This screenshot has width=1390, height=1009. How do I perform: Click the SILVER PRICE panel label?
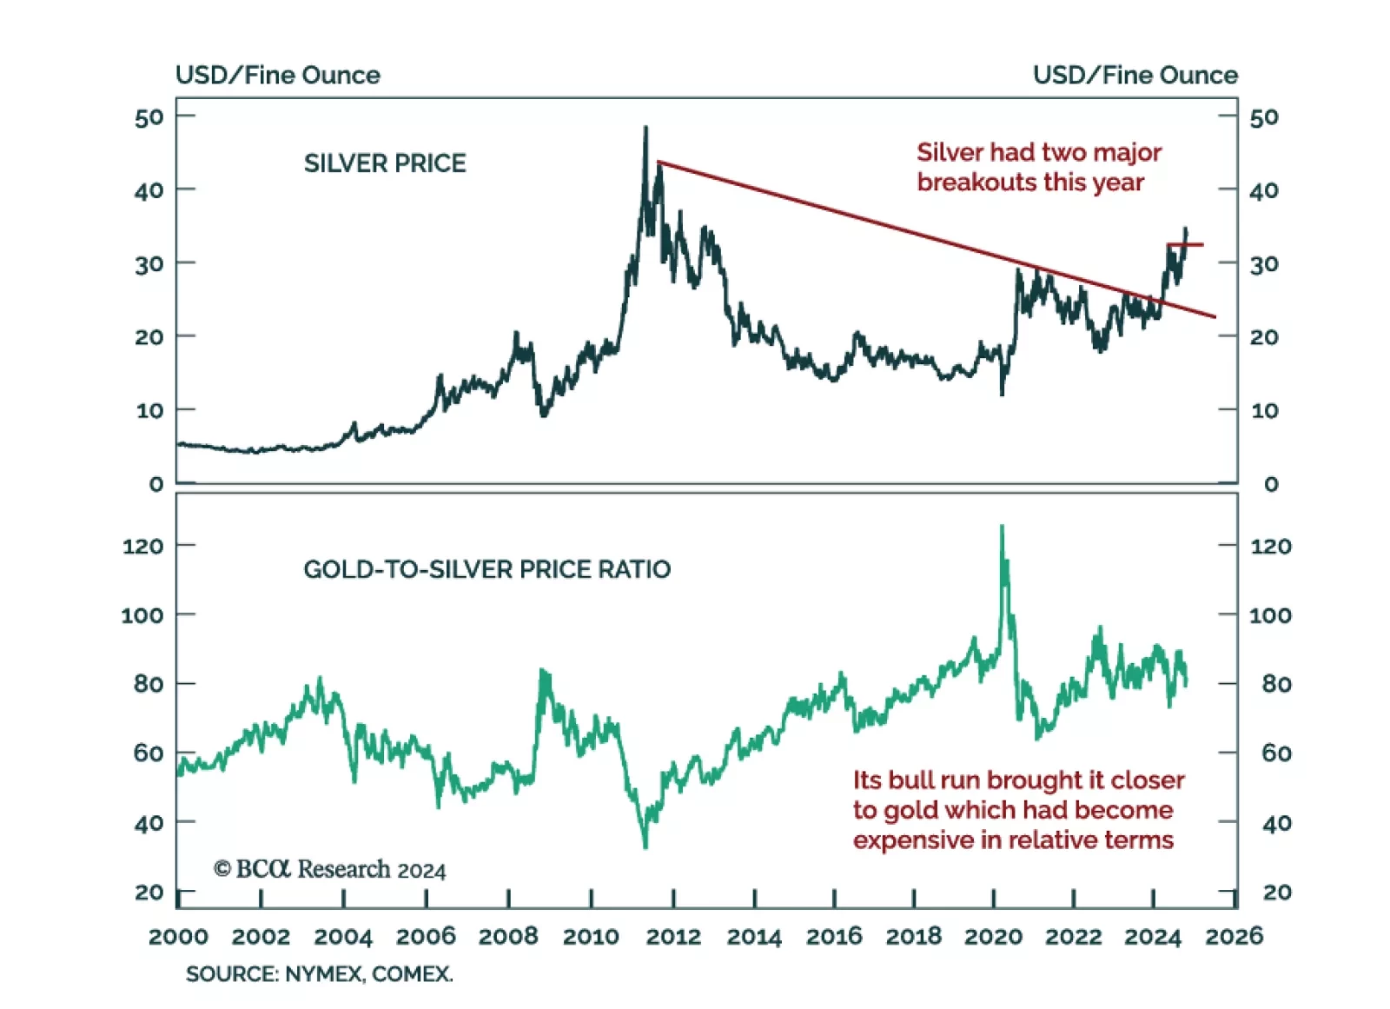tap(384, 163)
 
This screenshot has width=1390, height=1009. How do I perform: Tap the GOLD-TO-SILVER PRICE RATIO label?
tap(486, 569)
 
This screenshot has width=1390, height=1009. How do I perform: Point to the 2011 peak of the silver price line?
tap(645, 129)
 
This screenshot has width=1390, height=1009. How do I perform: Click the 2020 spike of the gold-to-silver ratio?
tap(1002, 527)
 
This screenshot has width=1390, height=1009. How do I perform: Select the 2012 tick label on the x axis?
tap(673, 937)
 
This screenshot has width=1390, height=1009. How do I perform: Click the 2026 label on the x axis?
tap(1234, 937)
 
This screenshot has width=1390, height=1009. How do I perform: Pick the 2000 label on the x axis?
tap(178, 937)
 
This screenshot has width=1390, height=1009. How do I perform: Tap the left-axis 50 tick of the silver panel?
tap(149, 117)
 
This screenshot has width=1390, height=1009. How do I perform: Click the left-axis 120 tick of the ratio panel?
tap(142, 547)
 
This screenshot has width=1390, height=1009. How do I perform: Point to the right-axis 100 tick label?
tap(1270, 615)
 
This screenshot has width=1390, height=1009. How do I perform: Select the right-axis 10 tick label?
tap(1264, 410)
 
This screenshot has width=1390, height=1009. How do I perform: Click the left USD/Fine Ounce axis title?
tap(277, 76)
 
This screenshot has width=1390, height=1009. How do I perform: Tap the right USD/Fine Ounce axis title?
tap(1135, 76)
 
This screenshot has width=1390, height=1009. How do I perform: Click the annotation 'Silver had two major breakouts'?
tap(1038, 167)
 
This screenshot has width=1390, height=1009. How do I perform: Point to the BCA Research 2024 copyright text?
tap(330, 869)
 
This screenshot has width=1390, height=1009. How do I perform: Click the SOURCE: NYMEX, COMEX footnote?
tap(319, 974)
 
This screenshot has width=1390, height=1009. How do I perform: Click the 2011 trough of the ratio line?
tap(645, 846)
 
